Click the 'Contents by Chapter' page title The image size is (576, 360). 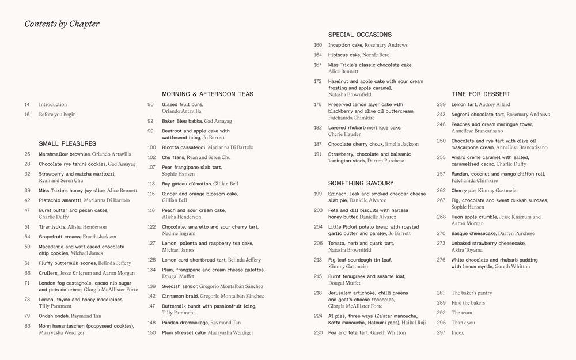[x=62, y=24]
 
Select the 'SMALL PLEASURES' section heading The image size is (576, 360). [x=67, y=143]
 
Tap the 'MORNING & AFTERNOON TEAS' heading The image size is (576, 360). [x=207, y=94]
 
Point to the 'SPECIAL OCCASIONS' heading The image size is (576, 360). [x=359, y=35]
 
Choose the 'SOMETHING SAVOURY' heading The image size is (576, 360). [x=361, y=183]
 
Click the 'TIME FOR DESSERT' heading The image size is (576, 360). [x=481, y=94]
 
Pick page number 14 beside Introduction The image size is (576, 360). [x=27, y=104]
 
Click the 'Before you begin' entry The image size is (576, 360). [x=57, y=114]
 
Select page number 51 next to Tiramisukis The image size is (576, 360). [x=27, y=227]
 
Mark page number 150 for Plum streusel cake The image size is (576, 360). [x=151, y=332]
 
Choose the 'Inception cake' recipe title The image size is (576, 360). [x=345, y=45]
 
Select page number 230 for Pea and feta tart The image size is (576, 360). [x=318, y=332]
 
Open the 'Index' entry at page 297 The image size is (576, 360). [x=458, y=332]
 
